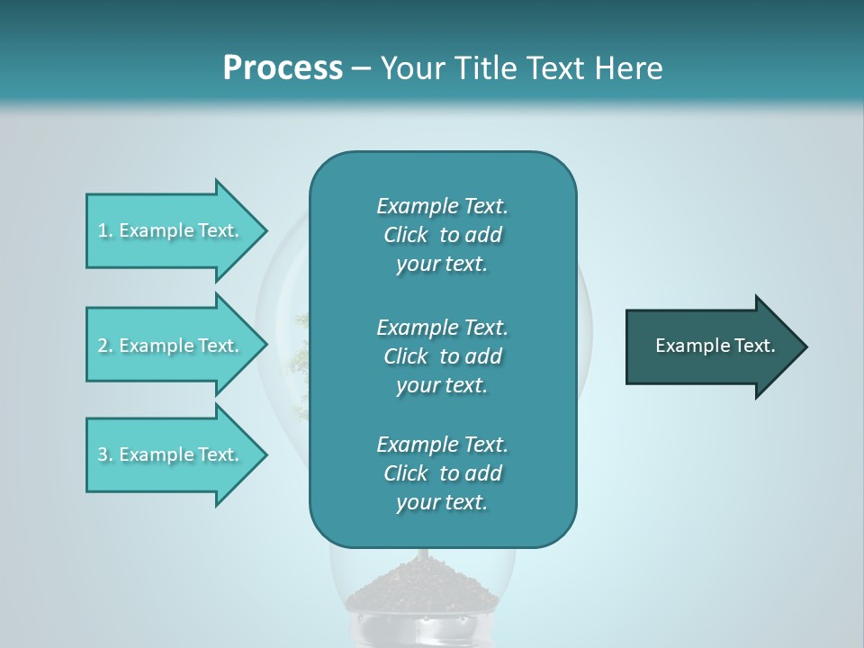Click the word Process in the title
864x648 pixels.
pyautogui.click(x=283, y=68)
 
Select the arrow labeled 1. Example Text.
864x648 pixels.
pyautogui.click(x=171, y=230)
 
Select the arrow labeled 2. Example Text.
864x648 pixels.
pyautogui.click(x=171, y=346)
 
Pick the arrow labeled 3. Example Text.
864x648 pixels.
pyautogui.click(x=171, y=454)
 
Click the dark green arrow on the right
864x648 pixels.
pyautogui.click(x=711, y=346)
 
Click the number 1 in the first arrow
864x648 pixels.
pyautogui.click(x=103, y=230)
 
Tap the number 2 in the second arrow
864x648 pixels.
pyautogui.click(x=103, y=346)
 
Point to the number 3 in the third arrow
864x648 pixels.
pyautogui.click(x=103, y=454)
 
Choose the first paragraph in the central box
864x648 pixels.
pyautogui.click(x=442, y=235)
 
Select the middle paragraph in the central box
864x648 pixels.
pyautogui.click(x=442, y=356)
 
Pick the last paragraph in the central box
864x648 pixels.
pyautogui.click(x=442, y=473)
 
